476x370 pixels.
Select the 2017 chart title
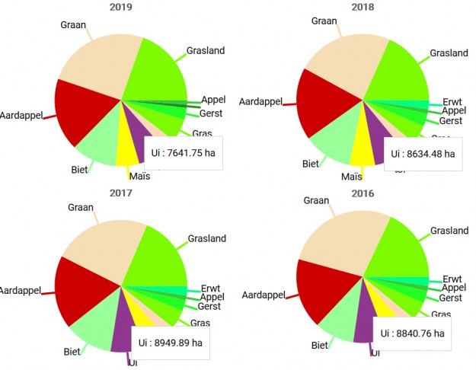[x=120, y=193]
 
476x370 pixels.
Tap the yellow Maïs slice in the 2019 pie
[x=125, y=148]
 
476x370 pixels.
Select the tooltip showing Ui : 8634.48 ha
[x=423, y=153]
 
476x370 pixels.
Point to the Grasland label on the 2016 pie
[x=449, y=231]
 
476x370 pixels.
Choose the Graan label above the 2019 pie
[x=73, y=25]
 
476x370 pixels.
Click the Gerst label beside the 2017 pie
[x=209, y=307]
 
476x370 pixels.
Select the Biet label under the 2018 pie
[x=311, y=164]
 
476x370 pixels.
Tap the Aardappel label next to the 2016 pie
[x=263, y=295]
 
